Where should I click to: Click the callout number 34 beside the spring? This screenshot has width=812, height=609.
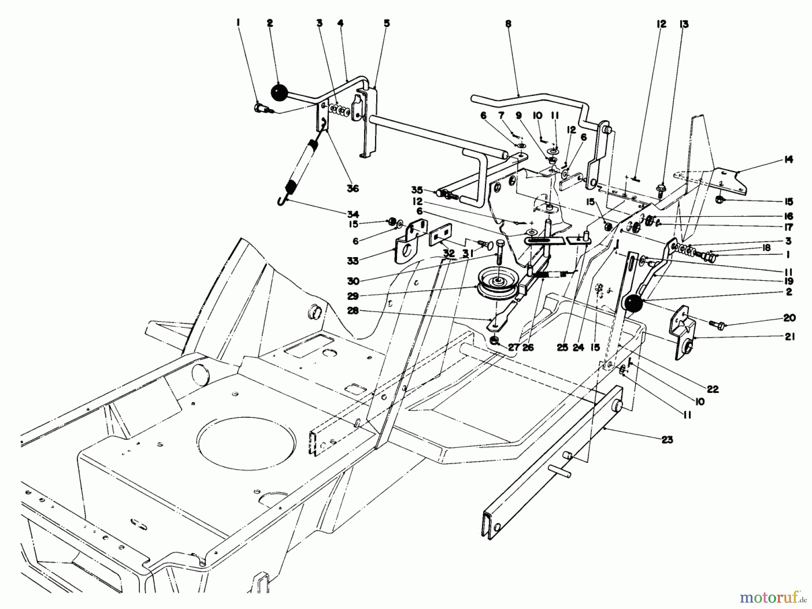[353, 213]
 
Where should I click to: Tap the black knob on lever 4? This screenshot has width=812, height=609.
[279, 93]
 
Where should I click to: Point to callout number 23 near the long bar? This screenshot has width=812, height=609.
[667, 439]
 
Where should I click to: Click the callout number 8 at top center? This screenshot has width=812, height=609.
[508, 24]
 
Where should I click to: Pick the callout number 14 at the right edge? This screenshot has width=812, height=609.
[788, 159]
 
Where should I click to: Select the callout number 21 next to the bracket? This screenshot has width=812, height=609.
[789, 337]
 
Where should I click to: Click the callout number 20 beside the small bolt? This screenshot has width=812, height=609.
[789, 318]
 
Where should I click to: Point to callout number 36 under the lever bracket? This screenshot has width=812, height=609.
[353, 188]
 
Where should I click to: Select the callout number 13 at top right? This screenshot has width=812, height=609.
[684, 24]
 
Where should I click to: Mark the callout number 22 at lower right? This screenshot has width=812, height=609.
[713, 389]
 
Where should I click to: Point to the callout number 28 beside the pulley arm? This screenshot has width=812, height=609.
[353, 311]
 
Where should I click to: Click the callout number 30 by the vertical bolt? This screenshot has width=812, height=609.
[353, 281]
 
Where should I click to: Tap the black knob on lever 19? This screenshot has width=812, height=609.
[633, 303]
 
